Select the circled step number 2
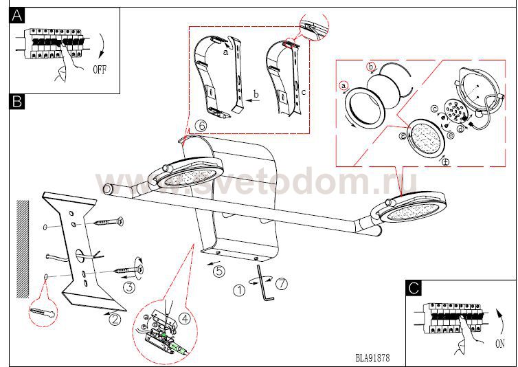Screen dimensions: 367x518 (115, 318)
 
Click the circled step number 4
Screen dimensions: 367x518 (185, 318)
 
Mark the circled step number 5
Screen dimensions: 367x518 (219, 271)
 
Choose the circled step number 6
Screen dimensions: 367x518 (201, 126)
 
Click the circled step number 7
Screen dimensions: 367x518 (280, 282)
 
